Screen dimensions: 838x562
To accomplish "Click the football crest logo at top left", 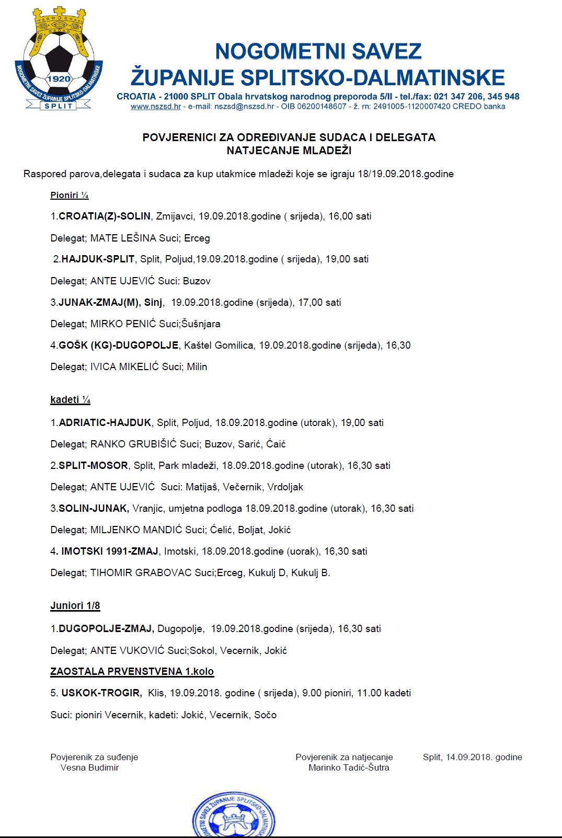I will click(59, 59).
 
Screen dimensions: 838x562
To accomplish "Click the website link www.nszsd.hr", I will click(156, 107).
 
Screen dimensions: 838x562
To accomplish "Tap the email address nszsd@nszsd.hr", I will click(244, 107).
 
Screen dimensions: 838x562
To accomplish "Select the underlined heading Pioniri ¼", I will click(70, 196).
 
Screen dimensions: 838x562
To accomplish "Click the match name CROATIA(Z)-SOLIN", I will click(105, 216).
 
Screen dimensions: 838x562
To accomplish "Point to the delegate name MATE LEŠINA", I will click(123, 238).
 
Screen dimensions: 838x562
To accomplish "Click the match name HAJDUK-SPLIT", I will click(98, 259).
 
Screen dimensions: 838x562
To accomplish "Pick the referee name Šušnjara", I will click(201, 324).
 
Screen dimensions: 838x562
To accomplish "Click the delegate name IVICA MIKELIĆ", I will click(124, 367).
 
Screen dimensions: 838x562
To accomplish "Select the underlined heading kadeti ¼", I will click(71, 400).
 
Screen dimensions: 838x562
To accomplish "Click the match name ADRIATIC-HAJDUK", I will click(105, 423).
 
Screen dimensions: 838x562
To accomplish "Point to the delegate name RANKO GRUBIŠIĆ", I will click(134, 444).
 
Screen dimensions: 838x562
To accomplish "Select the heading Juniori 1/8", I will click(75, 606).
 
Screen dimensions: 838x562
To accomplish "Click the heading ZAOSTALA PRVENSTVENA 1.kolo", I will click(132, 672).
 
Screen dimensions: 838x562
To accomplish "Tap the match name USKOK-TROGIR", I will click(101, 693).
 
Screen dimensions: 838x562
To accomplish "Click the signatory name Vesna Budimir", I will click(90, 768).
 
